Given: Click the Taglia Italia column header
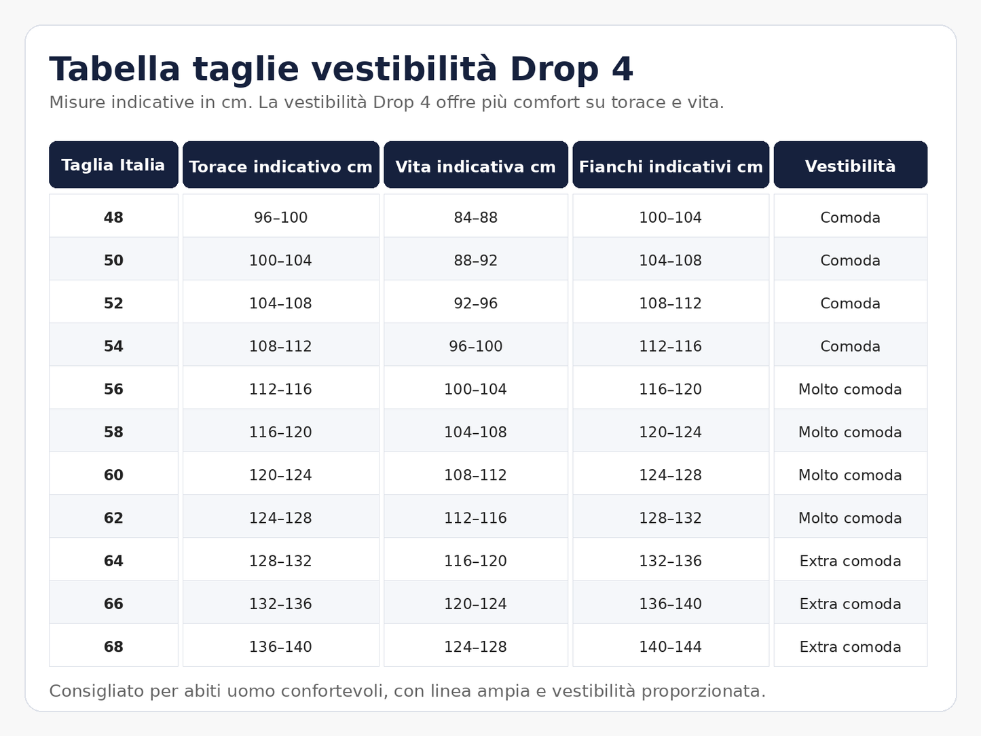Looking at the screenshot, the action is (113, 165).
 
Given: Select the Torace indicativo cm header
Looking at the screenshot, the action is (280, 165).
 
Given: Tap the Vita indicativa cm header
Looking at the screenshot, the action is (475, 165).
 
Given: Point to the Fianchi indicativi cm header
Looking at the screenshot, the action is (671, 165).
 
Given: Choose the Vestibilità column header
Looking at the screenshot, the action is (851, 165).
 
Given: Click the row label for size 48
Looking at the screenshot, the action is (113, 218).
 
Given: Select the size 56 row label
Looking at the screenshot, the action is (113, 389).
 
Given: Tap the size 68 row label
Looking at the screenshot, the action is (113, 646).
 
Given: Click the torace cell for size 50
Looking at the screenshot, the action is (280, 260).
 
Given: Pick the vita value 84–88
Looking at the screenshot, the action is (475, 218).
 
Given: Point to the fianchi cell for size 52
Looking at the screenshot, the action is (671, 303).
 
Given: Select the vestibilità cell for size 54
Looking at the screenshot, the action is (851, 346).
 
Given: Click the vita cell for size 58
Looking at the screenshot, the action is (475, 432).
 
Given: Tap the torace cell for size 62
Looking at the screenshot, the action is (280, 517).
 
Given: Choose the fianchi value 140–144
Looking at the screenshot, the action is (671, 646).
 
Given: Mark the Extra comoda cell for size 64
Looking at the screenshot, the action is (851, 560).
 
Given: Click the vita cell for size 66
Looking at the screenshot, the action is (475, 604).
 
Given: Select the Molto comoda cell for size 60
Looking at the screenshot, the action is (851, 475).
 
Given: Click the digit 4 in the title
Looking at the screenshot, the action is (622, 69).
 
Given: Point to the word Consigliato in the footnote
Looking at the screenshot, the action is (96, 691).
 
